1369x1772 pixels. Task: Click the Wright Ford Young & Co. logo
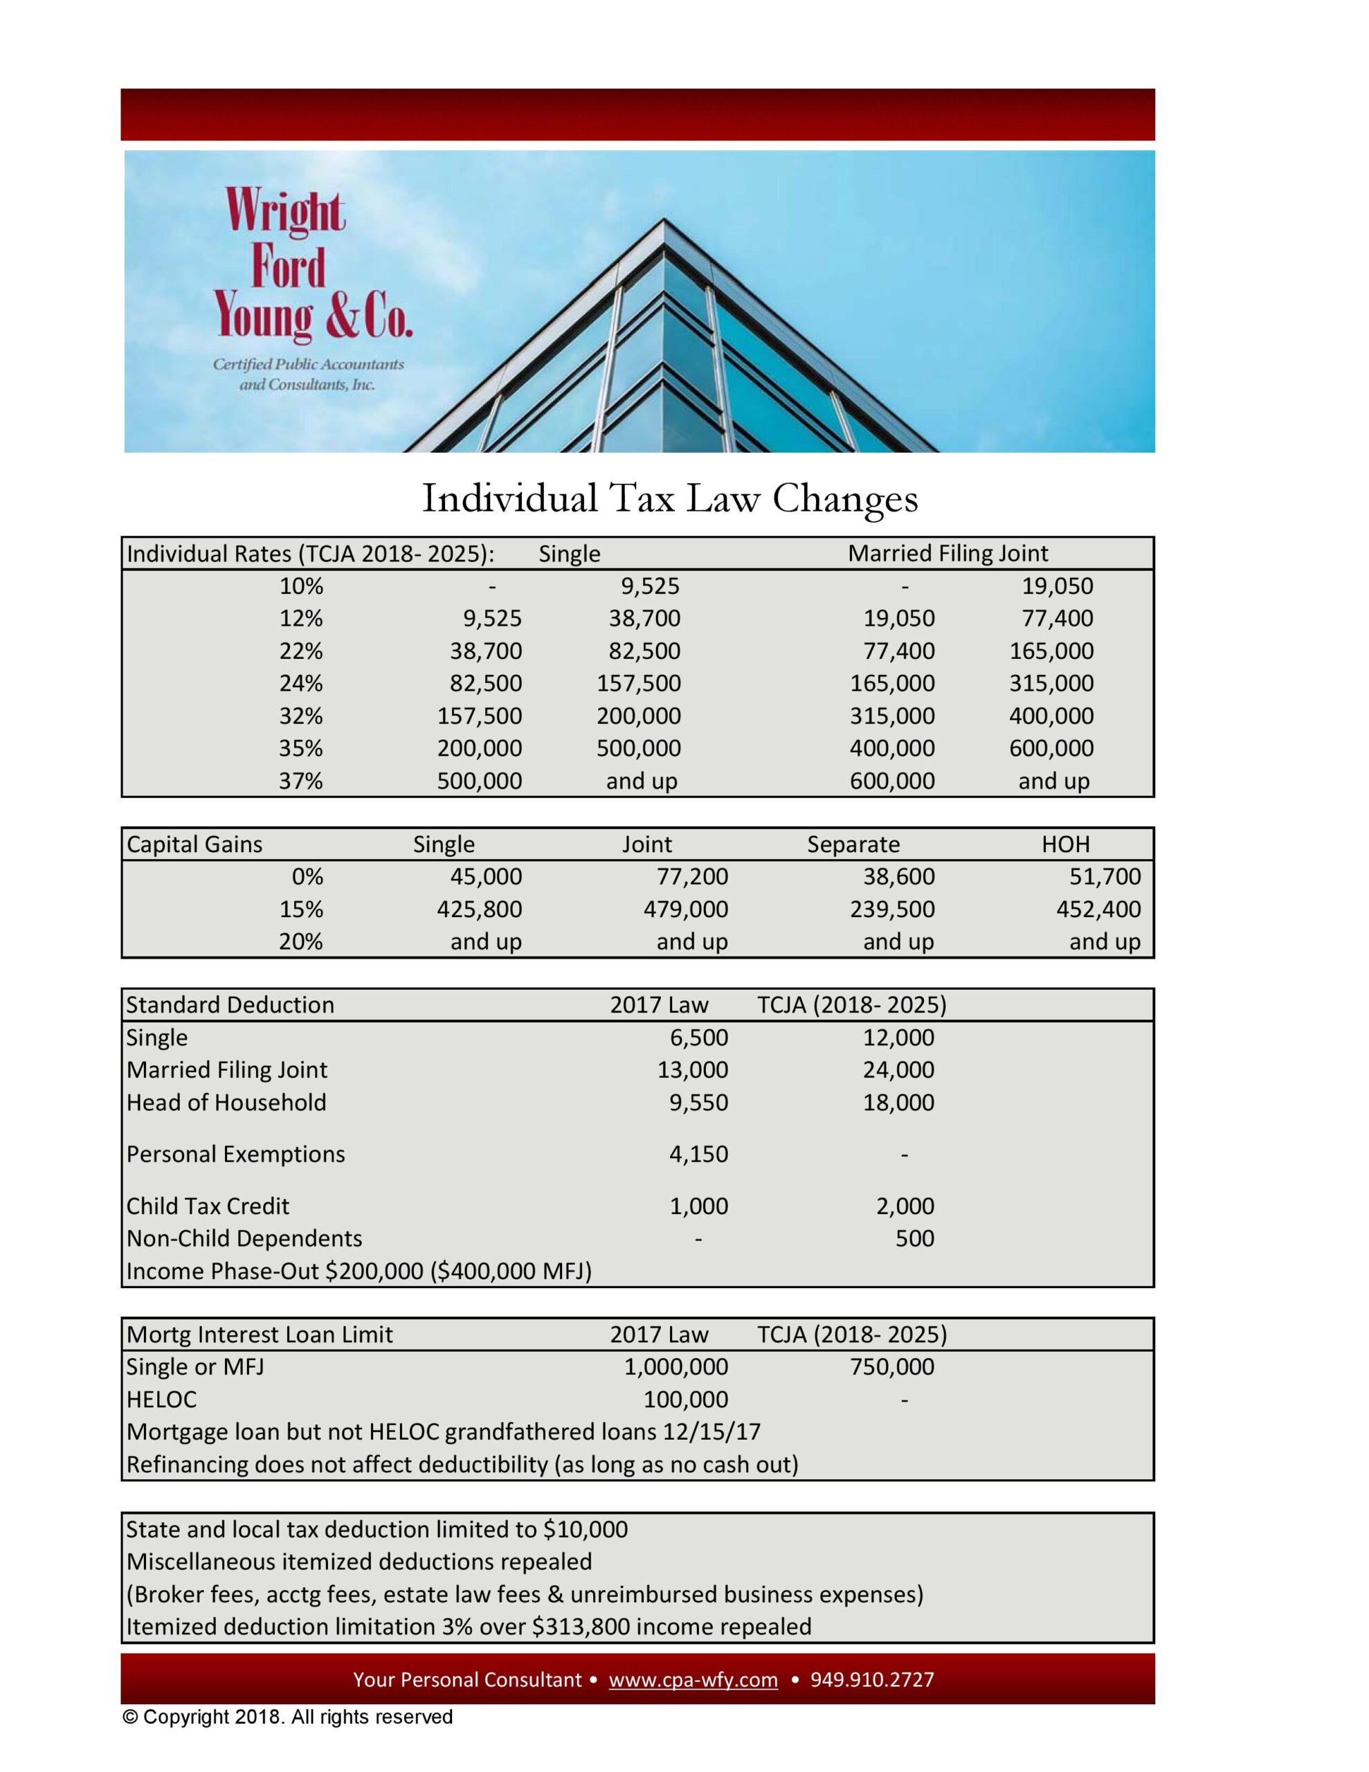tap(311, 287)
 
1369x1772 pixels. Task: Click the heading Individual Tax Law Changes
tap(669, 498)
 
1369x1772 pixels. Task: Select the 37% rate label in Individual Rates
tap(300, 781)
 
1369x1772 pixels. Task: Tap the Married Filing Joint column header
tap(947, 553)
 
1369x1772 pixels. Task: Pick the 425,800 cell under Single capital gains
tap(480, 909)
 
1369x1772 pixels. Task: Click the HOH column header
tap(1064, 844)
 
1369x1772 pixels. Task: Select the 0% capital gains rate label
tap(307, 876)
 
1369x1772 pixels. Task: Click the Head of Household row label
tap(226, 1102)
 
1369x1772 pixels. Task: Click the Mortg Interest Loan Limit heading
tap(260, 1335)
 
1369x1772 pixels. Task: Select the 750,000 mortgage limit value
tap(892, 1367)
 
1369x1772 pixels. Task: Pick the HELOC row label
tap(161, 1400)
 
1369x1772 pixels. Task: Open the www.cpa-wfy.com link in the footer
tap(693, 1679)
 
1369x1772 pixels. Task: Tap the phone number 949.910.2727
tap(872, 1679)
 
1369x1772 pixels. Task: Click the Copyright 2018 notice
tap(288, 1717)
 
